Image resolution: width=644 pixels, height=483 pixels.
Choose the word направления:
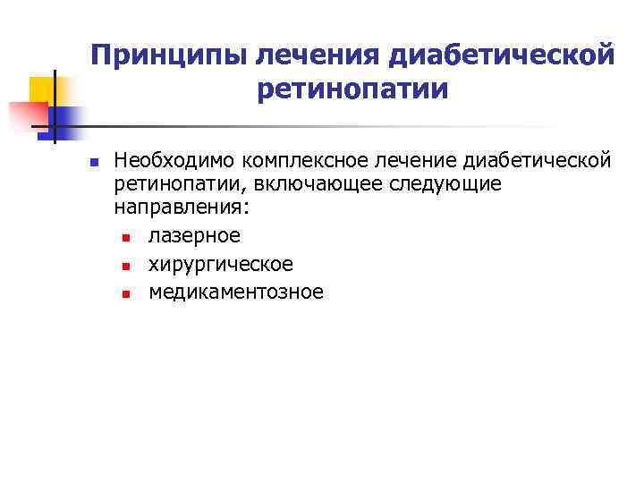pos(182,207)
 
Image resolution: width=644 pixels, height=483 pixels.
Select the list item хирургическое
pos(220,265)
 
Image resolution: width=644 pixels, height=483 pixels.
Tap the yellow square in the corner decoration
pos(43,90)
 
